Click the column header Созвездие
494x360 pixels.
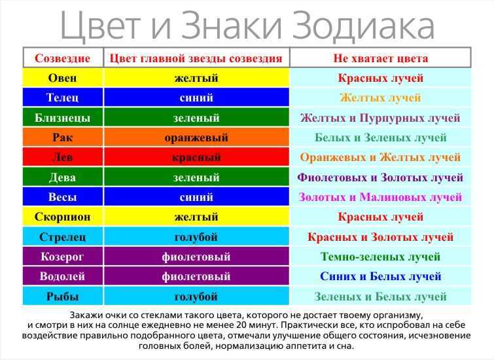(x=62, y=58)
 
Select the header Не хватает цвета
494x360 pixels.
(x=381, y=58)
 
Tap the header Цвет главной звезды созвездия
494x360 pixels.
(x=196, y=58)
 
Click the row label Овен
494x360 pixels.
(x=62, y=78)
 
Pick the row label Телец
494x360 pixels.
(x=62, y=98)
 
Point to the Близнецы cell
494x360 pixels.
(x=62, y=118)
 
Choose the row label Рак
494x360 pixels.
(x=62, y=137)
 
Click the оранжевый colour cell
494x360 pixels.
(x=196, y=137)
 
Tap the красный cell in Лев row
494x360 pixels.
(x=196, y=157)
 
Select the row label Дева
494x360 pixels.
(x=62, y=177)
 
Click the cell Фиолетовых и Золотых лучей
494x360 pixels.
(x=380, y=177)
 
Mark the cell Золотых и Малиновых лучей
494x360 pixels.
(x=380, y=197)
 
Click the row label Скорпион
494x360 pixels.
(x=62, y=217)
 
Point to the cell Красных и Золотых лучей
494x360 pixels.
(x=380, y=237)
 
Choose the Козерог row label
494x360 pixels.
(x=62, y=257)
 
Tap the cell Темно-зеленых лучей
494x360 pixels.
(x=380, y=257)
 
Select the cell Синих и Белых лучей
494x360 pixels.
(x=380, y=276)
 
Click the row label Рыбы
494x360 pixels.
(x=62, y=297)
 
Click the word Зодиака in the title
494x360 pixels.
(x=363, y=26)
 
